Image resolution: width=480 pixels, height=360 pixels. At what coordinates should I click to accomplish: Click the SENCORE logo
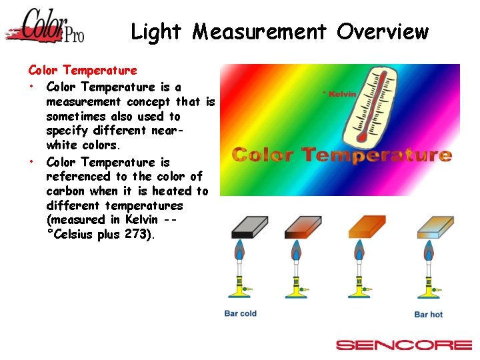click(403, 345)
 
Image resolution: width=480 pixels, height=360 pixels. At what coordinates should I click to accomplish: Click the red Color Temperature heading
click(83, 70)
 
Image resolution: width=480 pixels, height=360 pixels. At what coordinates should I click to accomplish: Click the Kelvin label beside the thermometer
click(339, 94)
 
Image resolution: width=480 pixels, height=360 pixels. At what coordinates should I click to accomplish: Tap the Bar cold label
click(240, 313)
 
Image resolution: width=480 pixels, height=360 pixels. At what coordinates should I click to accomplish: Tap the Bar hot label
click(428, 314)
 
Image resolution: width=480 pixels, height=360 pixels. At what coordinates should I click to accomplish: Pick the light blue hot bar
click(435, 227)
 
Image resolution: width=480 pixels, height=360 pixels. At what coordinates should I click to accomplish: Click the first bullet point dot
click(31, 87)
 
